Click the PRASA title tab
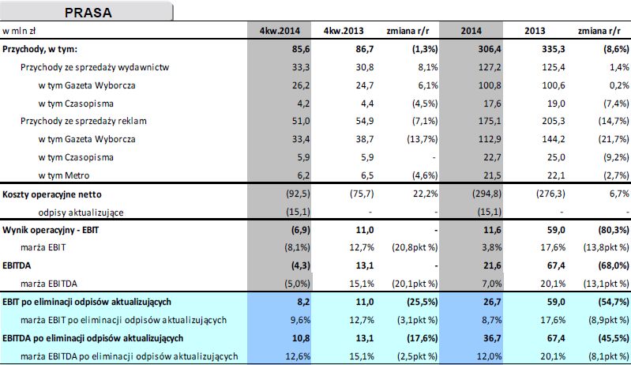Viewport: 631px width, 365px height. (x=87, y=12)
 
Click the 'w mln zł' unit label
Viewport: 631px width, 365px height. (x=22, y=31)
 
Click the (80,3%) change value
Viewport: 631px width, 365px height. (x=609, y=230)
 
